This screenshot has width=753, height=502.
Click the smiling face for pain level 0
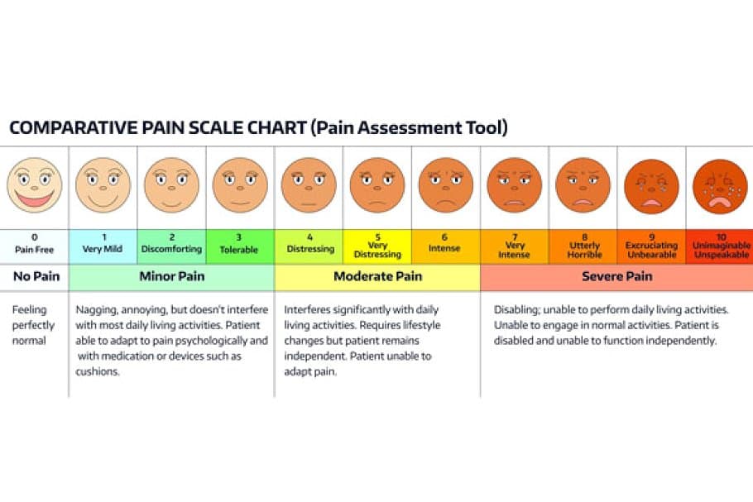coord(35,185)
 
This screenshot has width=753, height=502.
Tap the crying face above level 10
coord(720,187)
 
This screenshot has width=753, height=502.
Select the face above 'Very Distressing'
coord(377,185)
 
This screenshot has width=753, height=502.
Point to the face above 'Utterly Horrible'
coord(583,185)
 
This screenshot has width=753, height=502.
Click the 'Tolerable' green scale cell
coord(240,246)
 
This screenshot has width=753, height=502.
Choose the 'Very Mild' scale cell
coord(103,246)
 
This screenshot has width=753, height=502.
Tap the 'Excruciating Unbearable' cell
coord(652,246)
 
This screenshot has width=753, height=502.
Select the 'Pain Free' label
coord(34,250)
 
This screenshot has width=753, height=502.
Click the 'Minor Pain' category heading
coord(172,276)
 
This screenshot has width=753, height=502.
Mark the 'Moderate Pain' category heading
coord(378,276)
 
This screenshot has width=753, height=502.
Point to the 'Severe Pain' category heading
coord(617,276)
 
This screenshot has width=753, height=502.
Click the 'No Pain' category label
coord(36,276)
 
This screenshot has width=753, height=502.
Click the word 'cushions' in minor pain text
coord(97,371)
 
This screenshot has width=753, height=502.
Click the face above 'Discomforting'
coord(171,185)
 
